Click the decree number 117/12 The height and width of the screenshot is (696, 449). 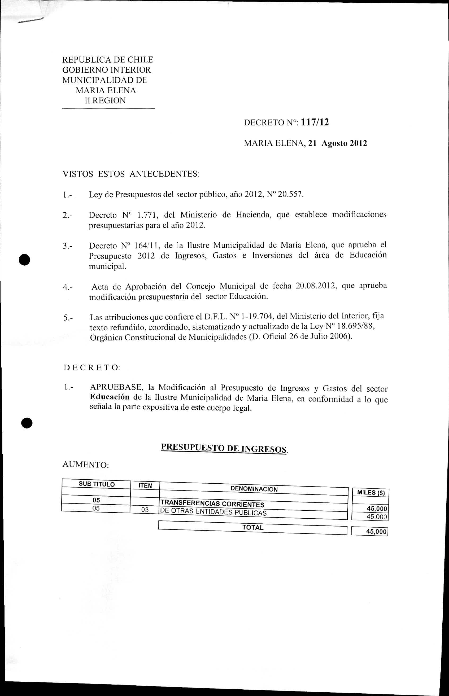315,122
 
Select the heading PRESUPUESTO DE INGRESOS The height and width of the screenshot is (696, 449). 224,448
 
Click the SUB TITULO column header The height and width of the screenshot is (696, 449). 97,484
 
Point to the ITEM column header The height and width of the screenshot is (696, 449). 145,485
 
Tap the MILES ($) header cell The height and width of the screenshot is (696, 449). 371,493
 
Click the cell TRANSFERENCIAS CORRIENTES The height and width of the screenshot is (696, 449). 212,504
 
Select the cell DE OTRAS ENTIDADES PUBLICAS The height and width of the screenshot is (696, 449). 213,512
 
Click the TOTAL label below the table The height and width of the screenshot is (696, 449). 253,527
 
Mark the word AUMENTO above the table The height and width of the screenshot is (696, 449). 85,465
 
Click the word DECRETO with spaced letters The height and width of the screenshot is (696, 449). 91,367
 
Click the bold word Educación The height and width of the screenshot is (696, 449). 110,397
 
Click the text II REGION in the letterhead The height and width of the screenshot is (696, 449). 105,100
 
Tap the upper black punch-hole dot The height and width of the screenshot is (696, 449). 25,259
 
